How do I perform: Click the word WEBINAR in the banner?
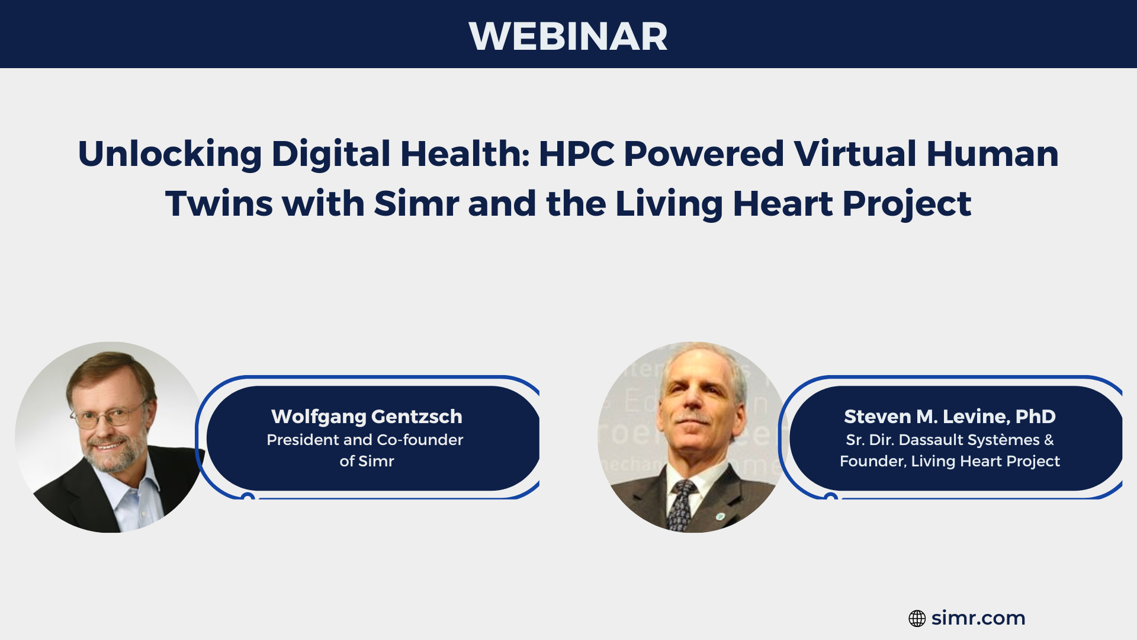(x=568, y=36)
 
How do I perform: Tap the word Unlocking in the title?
(x=170, y=154)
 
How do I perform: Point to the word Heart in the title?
(x=782, y=204)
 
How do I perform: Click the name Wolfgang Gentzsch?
(x=367, y=417)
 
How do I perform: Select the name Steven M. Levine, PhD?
(x=949, y=417)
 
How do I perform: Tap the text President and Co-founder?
(x=365, y=440)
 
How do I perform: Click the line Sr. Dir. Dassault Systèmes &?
(x=949, y=440)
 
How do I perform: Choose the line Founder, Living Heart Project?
(x=949, y=461)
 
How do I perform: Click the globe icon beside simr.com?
(x=917, y=619)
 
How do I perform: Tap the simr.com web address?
(x=978, y=618)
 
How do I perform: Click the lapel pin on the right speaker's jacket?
(x=720, y=516)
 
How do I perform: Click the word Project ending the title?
(x=907, y=204)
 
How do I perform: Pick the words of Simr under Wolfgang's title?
(x=367, y=461)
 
